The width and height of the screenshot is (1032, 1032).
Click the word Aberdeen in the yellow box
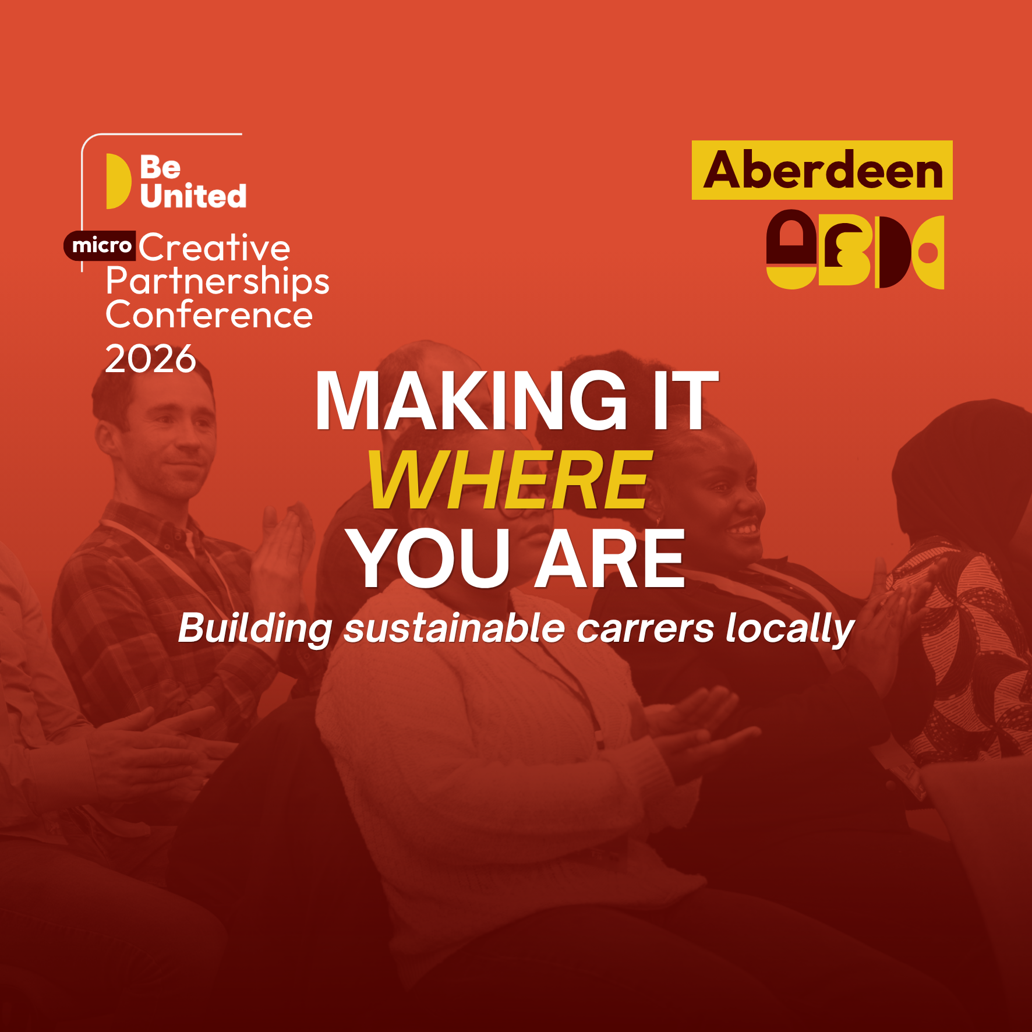823,170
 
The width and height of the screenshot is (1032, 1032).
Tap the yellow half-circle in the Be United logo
118,181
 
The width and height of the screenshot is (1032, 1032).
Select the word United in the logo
193,196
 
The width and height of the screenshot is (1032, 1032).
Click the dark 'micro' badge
100,245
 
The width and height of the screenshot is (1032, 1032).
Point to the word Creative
214,248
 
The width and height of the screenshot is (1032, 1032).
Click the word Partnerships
218,282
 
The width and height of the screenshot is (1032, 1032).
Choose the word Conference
209,315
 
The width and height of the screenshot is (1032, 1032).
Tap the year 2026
150,358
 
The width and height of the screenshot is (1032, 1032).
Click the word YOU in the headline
429,558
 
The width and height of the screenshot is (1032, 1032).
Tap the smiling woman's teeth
743,530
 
